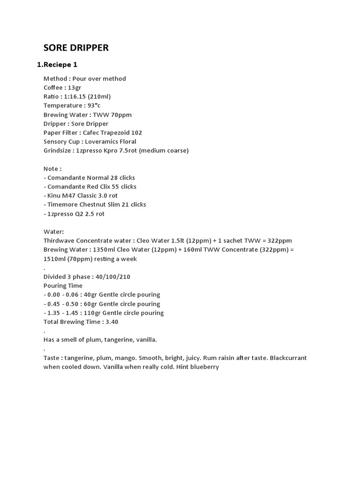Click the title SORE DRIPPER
[76, 48]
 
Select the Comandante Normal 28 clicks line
[89, 178]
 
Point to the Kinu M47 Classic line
[81, 195]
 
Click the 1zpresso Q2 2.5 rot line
[74, 214]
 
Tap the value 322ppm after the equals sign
[280, 240]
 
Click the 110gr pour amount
[93, 313]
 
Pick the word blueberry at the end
[204, 367]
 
